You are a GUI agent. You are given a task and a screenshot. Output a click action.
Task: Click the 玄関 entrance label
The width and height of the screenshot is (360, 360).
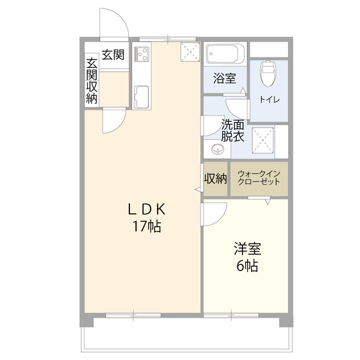coord(112,55)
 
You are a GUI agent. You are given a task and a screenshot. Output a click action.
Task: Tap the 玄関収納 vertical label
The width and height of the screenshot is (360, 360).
coord(91,79)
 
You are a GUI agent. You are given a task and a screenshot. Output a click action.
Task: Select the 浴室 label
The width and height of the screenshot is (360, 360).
coord(224,79)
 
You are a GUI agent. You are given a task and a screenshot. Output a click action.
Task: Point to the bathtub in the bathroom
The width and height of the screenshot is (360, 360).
coord(224,55)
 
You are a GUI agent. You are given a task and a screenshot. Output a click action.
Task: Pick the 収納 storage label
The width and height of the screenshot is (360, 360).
coord(215,179)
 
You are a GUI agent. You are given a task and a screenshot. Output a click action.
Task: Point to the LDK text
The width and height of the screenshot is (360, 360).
coord(146,210)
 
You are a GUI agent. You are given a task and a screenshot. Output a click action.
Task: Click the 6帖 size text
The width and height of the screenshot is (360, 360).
coord(246,266)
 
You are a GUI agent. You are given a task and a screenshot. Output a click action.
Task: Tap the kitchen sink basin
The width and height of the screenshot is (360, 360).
coord(141,96)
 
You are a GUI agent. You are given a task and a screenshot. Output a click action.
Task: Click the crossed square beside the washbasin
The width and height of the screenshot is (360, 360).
coord(262,140)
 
